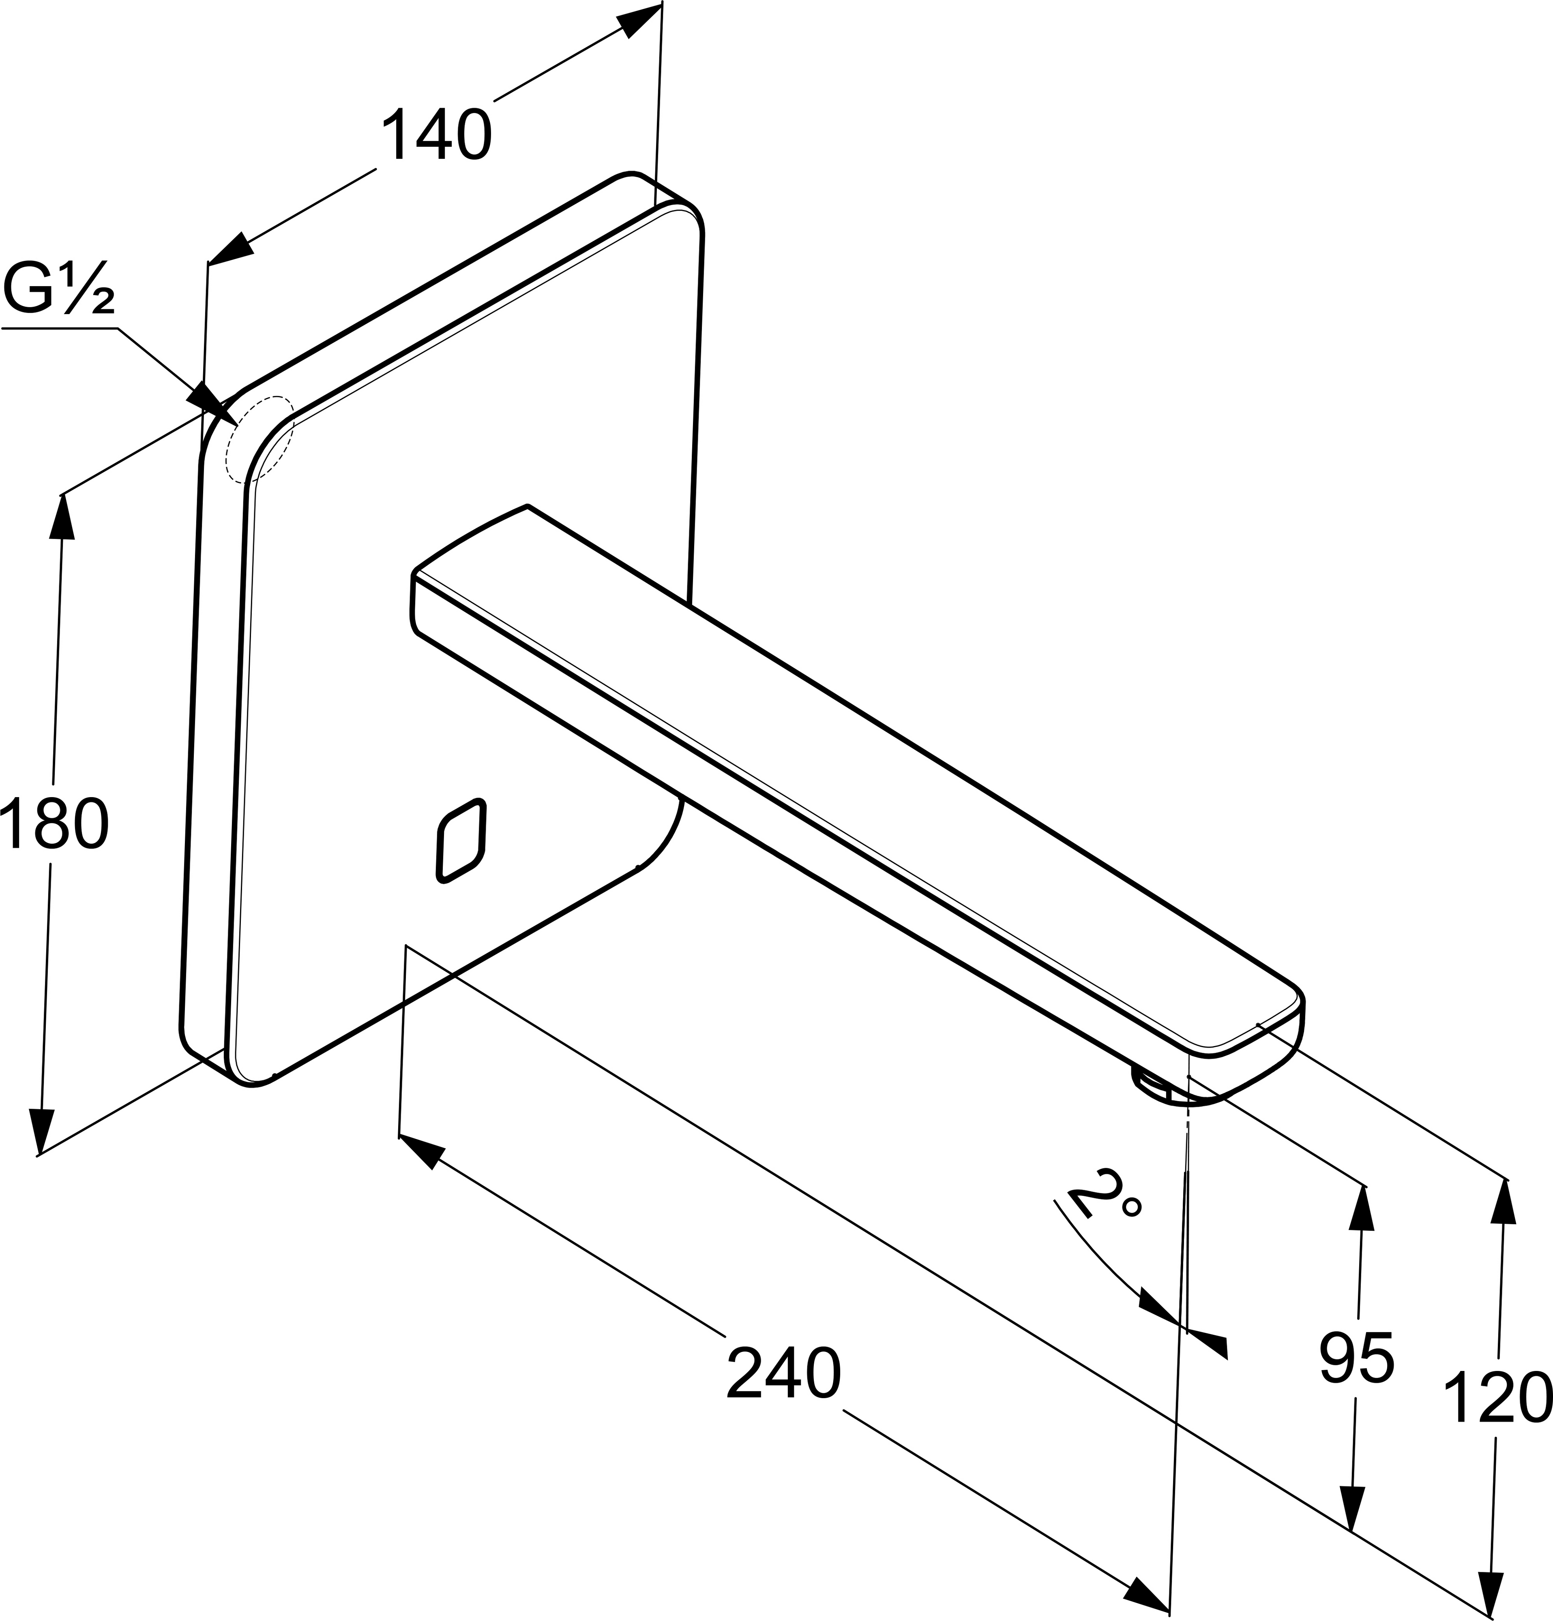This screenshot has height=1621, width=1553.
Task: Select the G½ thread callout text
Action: (x=58, y=290)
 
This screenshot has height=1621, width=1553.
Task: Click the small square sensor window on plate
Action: (x=461, y=840)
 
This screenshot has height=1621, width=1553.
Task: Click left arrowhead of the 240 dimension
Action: (x=422, y=1151)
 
